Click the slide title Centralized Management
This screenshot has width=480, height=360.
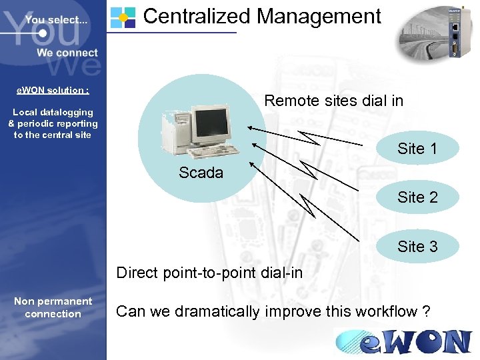click(x=262, y=16)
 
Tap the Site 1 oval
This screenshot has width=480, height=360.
click(x=417, y=149)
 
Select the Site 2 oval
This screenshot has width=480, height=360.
click(x=417, y=197)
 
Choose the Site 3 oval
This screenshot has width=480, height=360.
click(x=417, y=247)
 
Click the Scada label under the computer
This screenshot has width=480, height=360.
click(x=201, y=173)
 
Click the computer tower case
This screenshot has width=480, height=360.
click(x=175, y=131)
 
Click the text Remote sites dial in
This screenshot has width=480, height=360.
click(x=333, y=101)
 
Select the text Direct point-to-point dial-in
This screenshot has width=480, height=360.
click(x=209, y=273)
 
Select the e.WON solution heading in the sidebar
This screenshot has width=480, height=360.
click(x=53, y=90)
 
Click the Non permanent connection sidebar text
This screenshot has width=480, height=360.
click(x=53, y=307)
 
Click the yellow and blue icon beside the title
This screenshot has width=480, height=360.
click(x=122, y=17)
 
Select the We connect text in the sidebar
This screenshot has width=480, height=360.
click(x=67, y=53)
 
